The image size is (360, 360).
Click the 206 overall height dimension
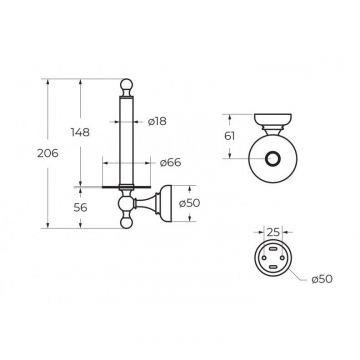[x=48, y=154]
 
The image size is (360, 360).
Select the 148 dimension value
[x=80, y=132]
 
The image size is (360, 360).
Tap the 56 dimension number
[x=80, y=207]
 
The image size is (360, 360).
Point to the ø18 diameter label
[x=157, y=121]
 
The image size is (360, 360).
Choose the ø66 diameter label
[x=170, y=163]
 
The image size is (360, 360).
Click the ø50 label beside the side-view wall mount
[x=189, y=203]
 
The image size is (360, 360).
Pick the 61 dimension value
[x=230, y=136]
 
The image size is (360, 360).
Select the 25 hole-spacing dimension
[x=273, y=232]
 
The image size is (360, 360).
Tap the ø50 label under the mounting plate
[x=322, y=279]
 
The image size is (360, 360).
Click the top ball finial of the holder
[x=126, y=84]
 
